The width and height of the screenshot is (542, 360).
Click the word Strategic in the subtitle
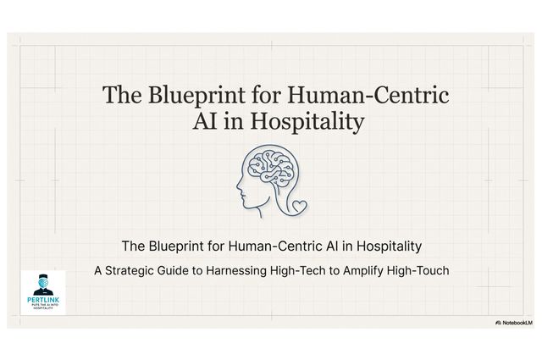(143, 271)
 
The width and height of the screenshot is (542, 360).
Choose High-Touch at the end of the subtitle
(445, 271)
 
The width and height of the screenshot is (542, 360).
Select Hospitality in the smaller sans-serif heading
(386, 246)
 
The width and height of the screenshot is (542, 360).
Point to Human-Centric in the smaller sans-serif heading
(277, 246)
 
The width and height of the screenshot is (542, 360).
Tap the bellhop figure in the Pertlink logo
(42, 283)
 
